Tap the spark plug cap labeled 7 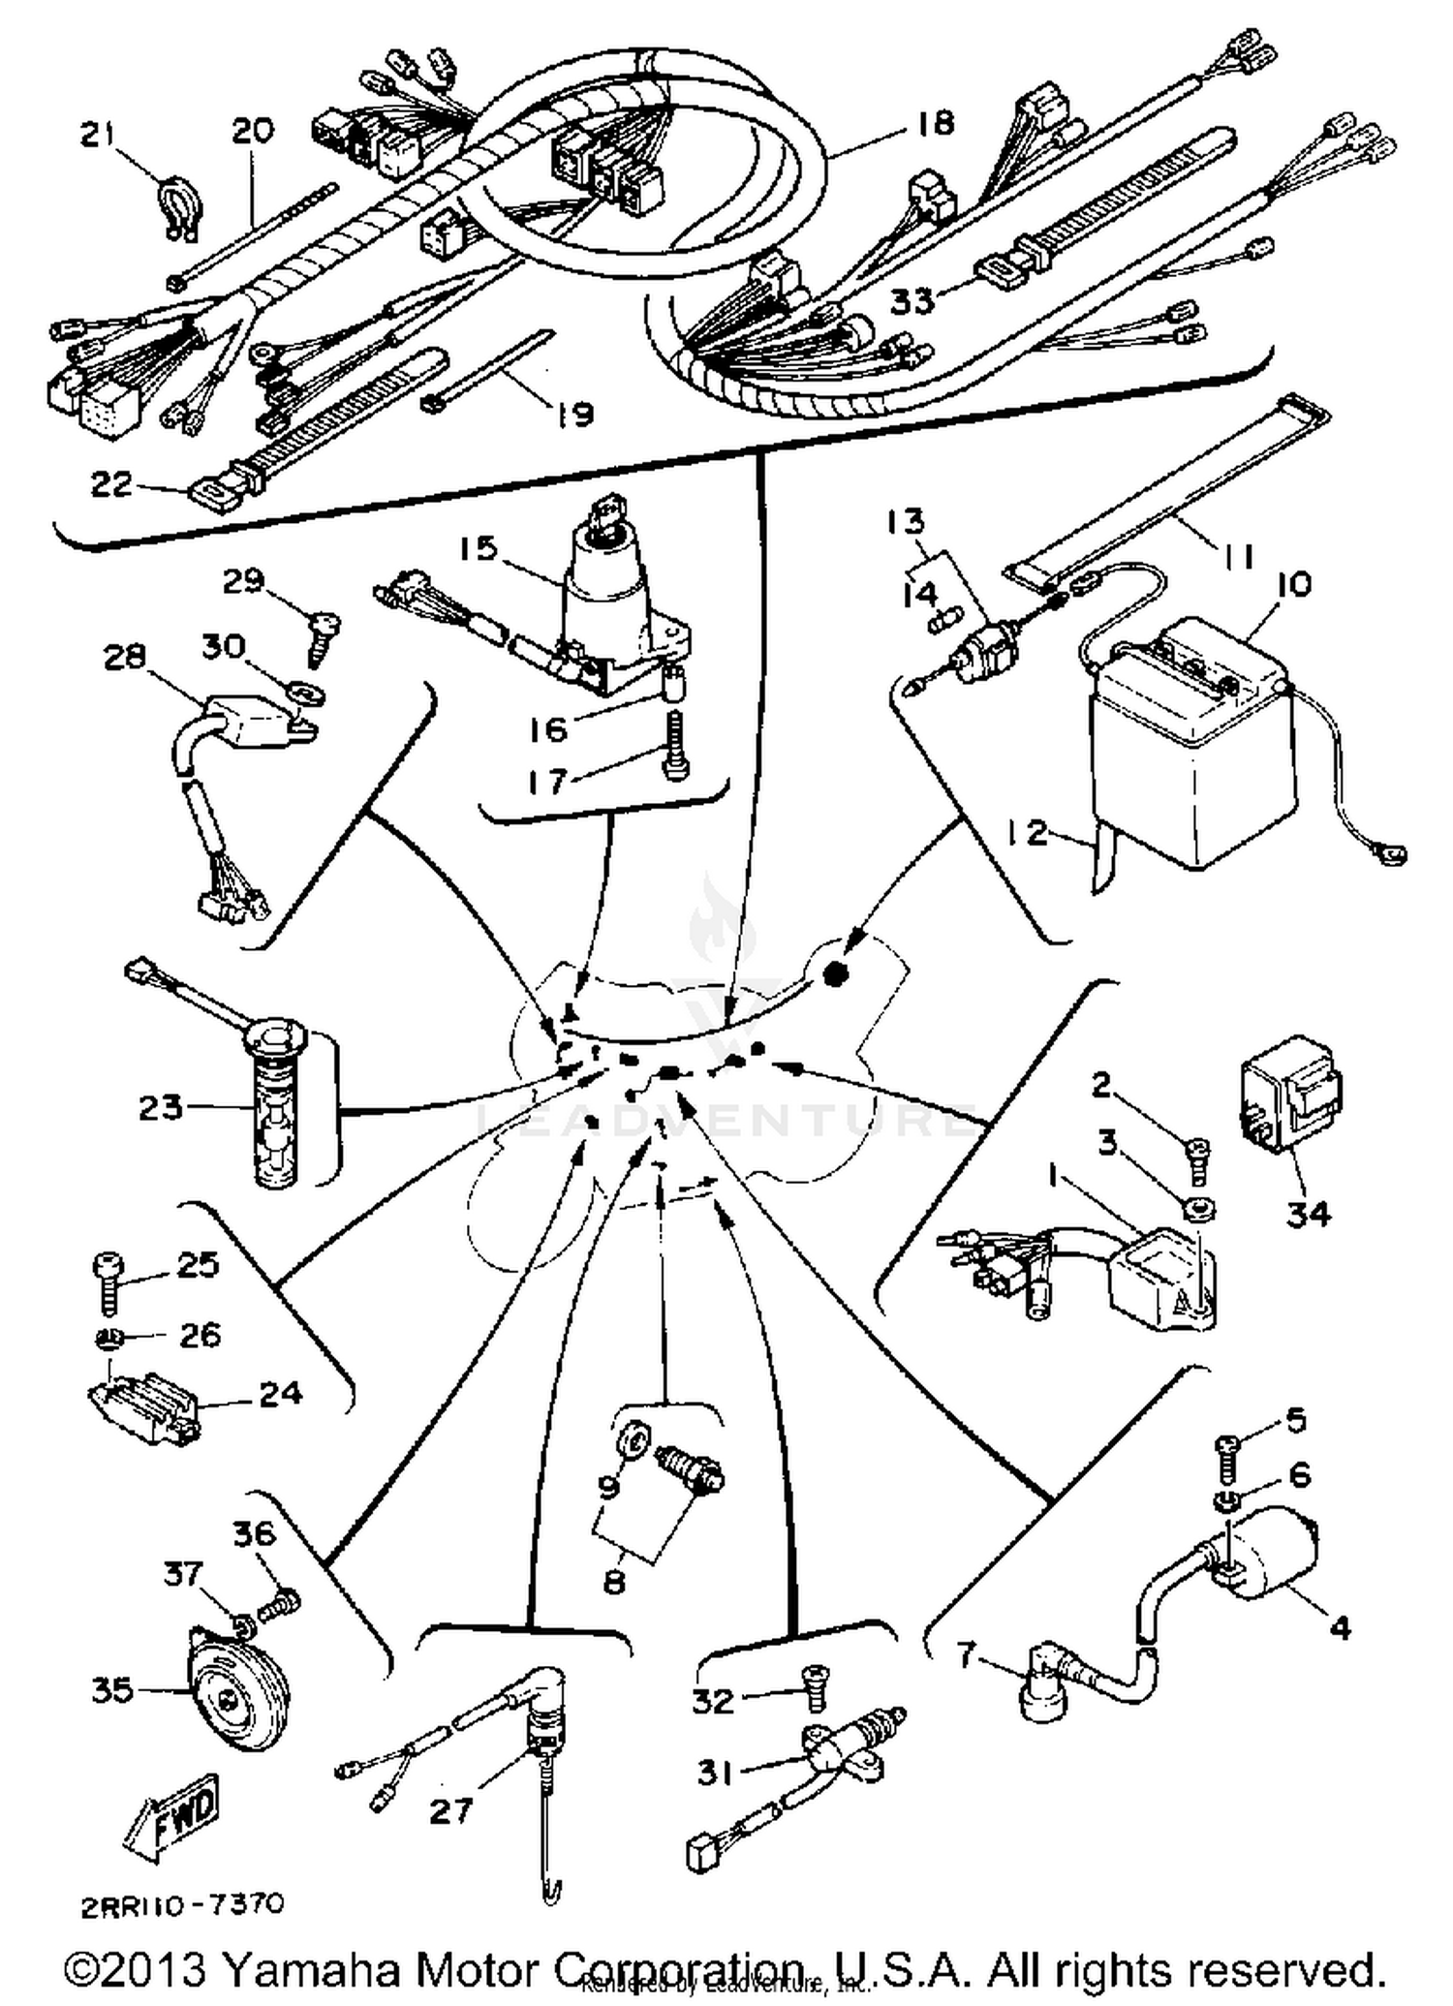tap(1051, 1689)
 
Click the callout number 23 tap(161, 1106)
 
